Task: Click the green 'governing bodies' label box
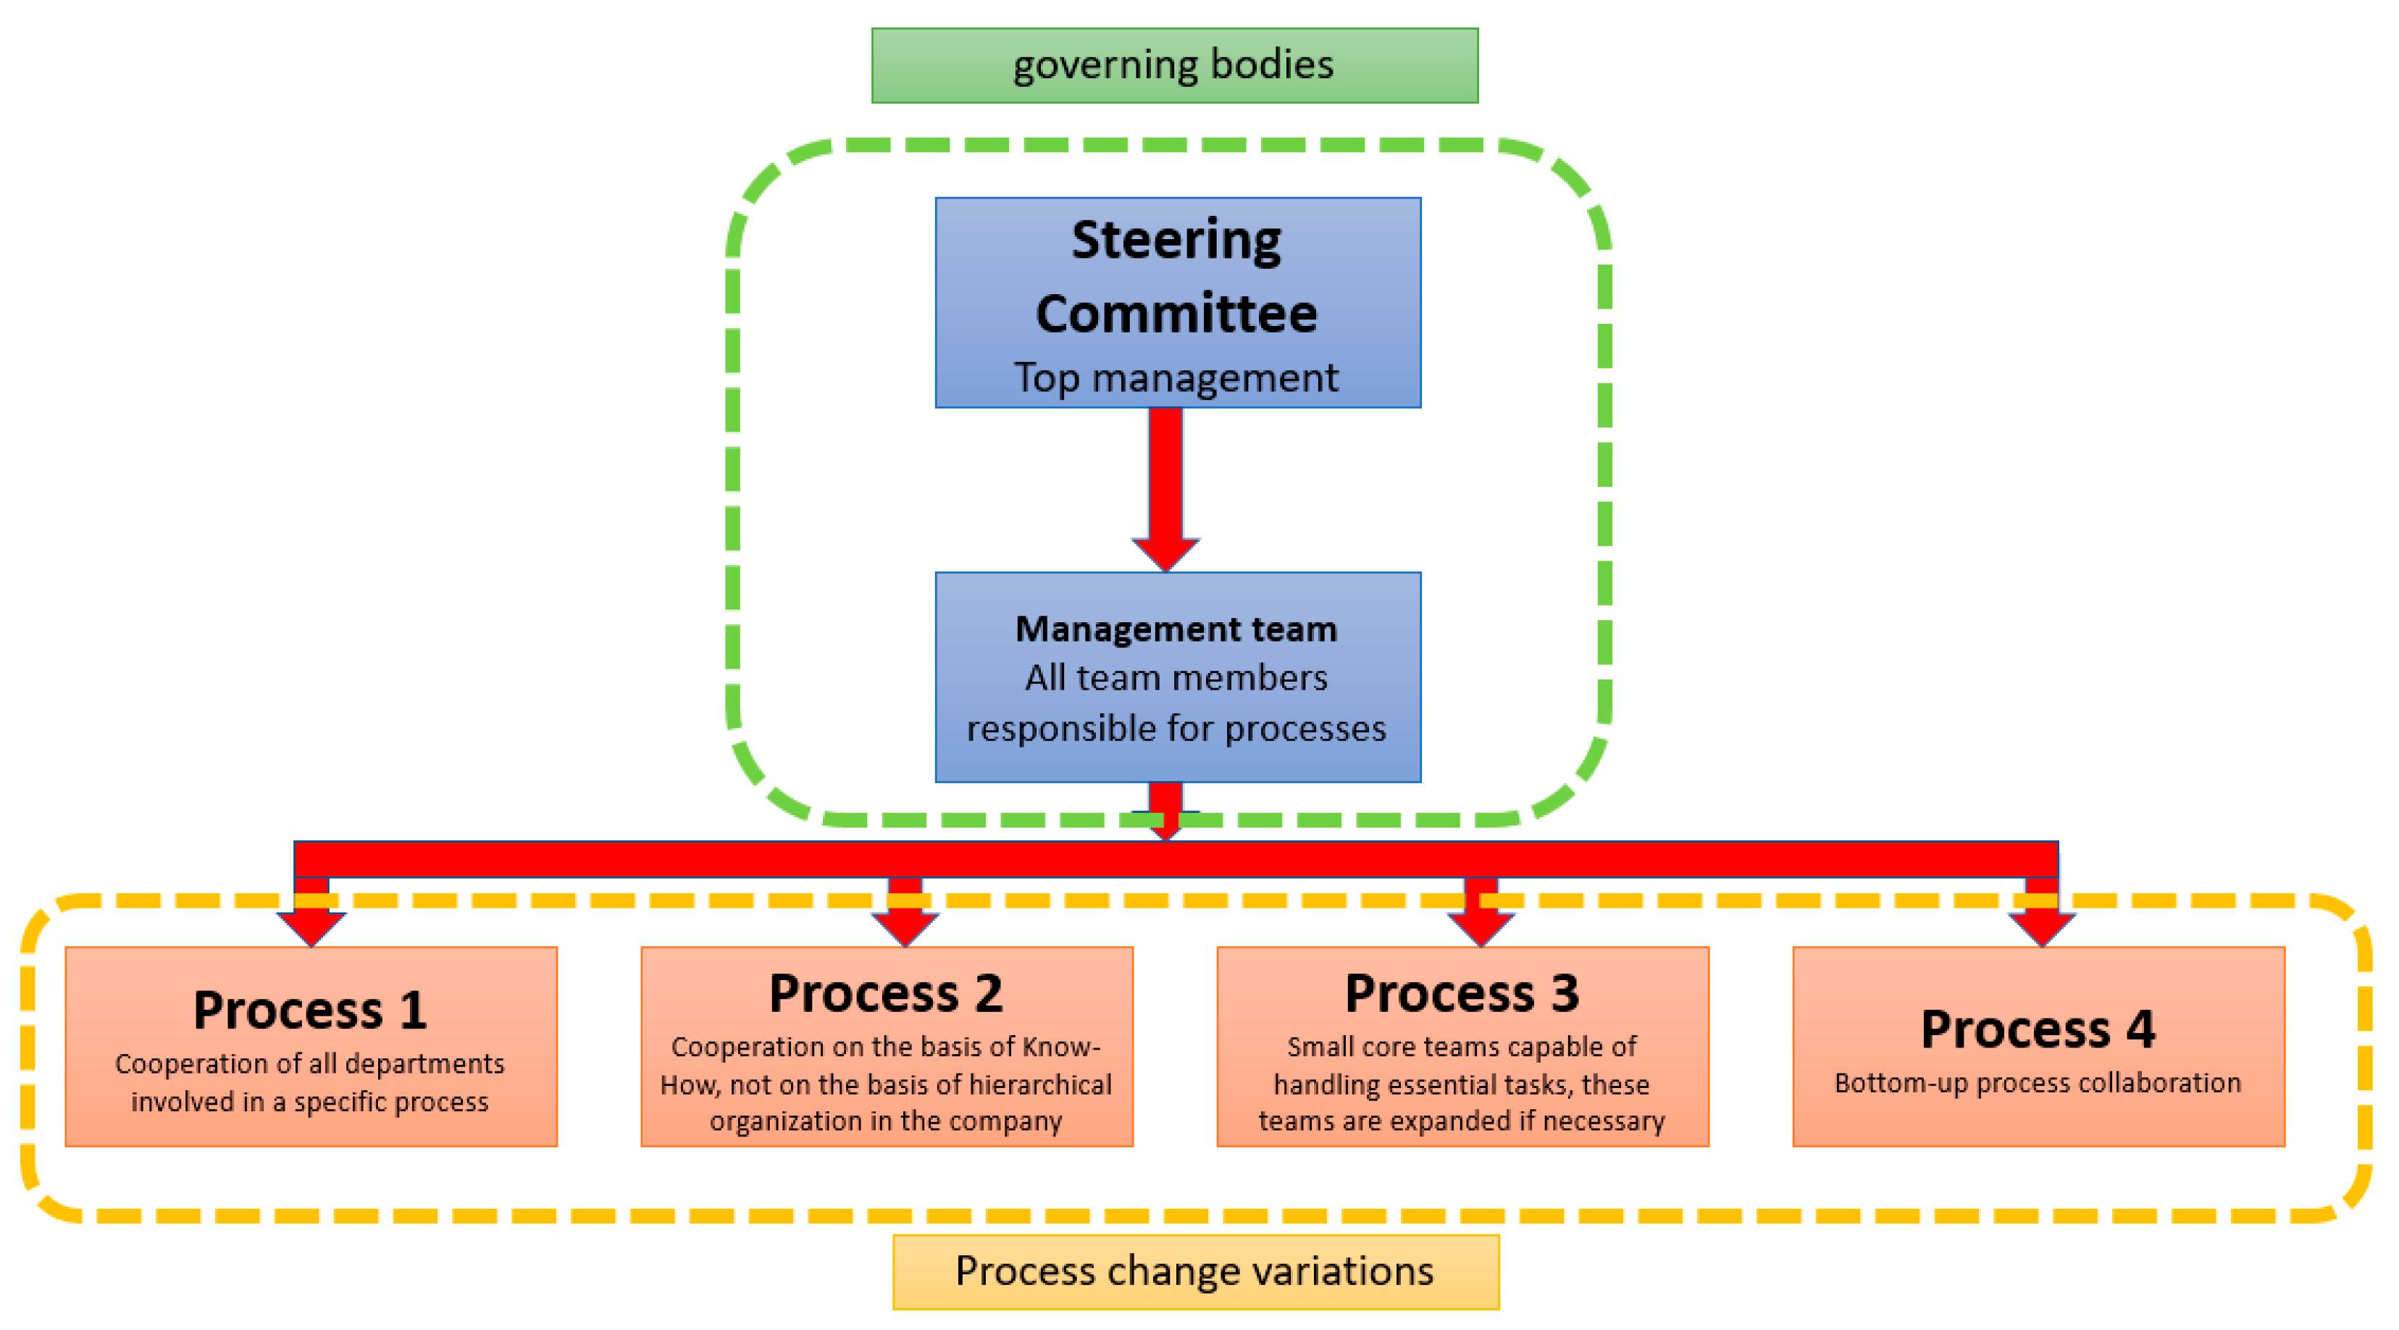point(1174,65)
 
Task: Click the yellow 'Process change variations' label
point(1195,1272)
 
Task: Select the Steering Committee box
point(1177,302)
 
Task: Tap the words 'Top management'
point(1176,378)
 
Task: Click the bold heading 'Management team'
point(1176,630)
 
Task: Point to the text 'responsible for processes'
point(1176,728)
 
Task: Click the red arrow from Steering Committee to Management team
point(1165,485)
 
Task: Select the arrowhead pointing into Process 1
point(311,928)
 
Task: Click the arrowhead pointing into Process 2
point(904,928)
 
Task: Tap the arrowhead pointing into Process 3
point(1481,928)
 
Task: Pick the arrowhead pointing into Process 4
point(2041,928)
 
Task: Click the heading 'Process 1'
point(310,1011)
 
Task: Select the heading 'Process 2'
point(886,994)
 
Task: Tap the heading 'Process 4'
point(2038,1029)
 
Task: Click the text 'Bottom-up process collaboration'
point(2038,1083)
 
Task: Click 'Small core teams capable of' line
point(1461,1047)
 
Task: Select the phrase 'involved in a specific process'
point(310,1103)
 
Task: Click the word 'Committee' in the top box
point(1176,314)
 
